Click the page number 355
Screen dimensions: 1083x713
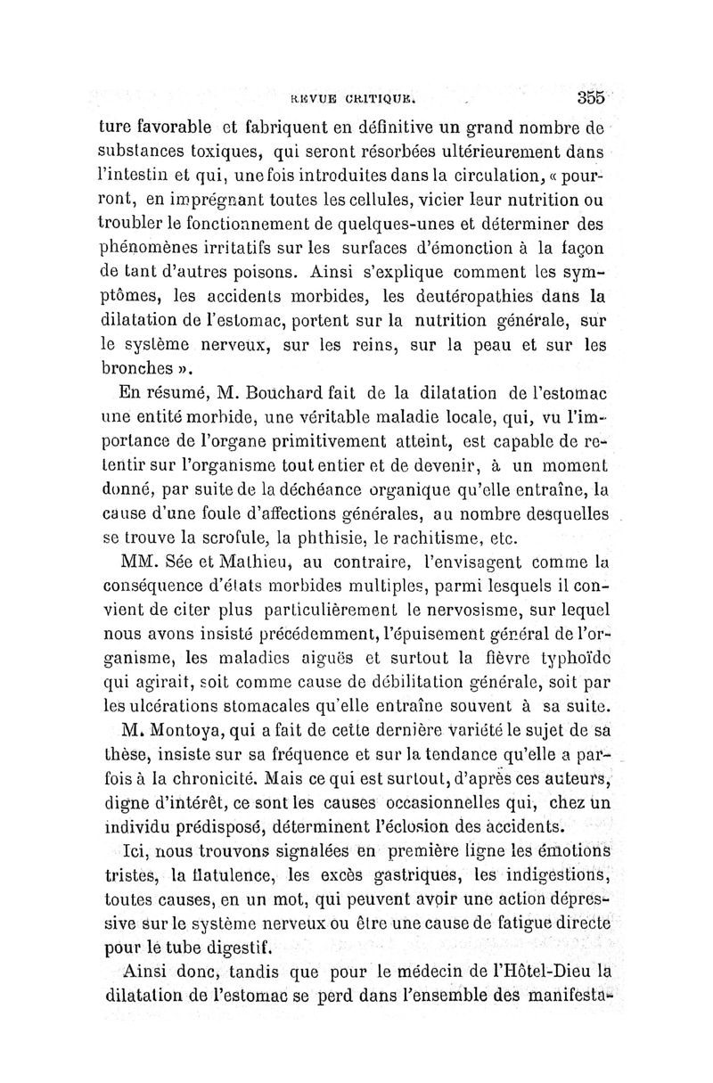(x=591, y=96)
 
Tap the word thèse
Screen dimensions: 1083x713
(x=121, y=758)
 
